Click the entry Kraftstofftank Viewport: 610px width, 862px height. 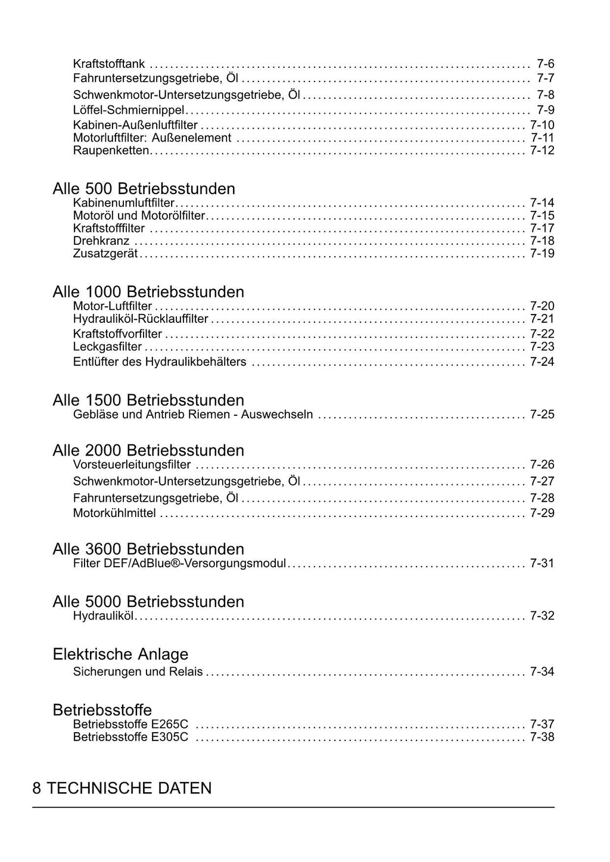pos(108,64)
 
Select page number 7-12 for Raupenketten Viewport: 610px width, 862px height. pos(541,151)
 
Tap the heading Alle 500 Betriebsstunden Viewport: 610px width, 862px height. pos(144,189)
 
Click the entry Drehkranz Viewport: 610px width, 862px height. pos(101,241)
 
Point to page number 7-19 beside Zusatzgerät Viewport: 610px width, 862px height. pos(541,254)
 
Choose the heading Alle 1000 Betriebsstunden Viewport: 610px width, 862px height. pos(148,292)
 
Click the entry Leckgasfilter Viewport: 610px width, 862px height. pos(107,347)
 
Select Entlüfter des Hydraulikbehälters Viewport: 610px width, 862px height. pos(160,362)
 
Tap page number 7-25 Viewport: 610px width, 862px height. pos(541,415)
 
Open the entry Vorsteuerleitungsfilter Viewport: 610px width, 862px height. pos(132,465)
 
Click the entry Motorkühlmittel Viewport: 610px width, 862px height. pos(114,513)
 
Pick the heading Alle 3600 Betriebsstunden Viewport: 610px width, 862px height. pos(148,549)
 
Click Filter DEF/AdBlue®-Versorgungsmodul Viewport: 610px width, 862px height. pos(179,564)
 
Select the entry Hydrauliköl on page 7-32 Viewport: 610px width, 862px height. pos(103,616)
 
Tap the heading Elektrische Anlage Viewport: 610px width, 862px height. pos(120,654)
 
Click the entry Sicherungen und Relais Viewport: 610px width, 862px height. pos(138,672)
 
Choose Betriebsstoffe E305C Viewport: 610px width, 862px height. pos(130,737)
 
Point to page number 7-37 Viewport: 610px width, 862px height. pos(541,724)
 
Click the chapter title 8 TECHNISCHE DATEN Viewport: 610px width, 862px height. pos(122,789)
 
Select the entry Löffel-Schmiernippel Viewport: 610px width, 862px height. pos(129,110)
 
